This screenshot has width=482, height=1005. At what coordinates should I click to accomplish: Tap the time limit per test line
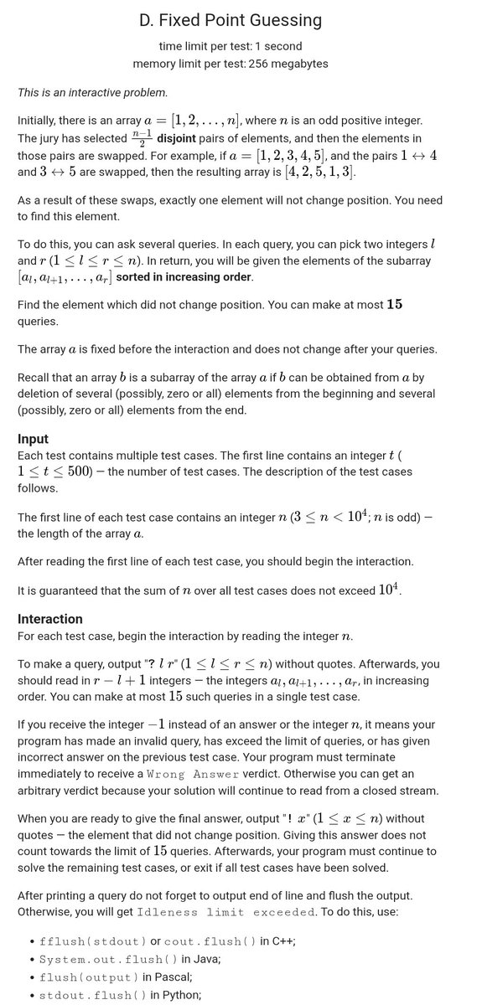(x=230, y=45)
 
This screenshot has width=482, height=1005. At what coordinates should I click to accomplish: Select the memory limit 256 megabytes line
(x=230, y=63)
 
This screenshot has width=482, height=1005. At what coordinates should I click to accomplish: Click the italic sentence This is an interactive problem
(x=92, y=91)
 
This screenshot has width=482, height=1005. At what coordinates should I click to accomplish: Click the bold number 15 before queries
(x=394, y=304)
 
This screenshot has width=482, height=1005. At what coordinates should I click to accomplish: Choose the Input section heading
(x=33, y=439)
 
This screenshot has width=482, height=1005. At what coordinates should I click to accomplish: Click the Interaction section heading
(x=50, y=619)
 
